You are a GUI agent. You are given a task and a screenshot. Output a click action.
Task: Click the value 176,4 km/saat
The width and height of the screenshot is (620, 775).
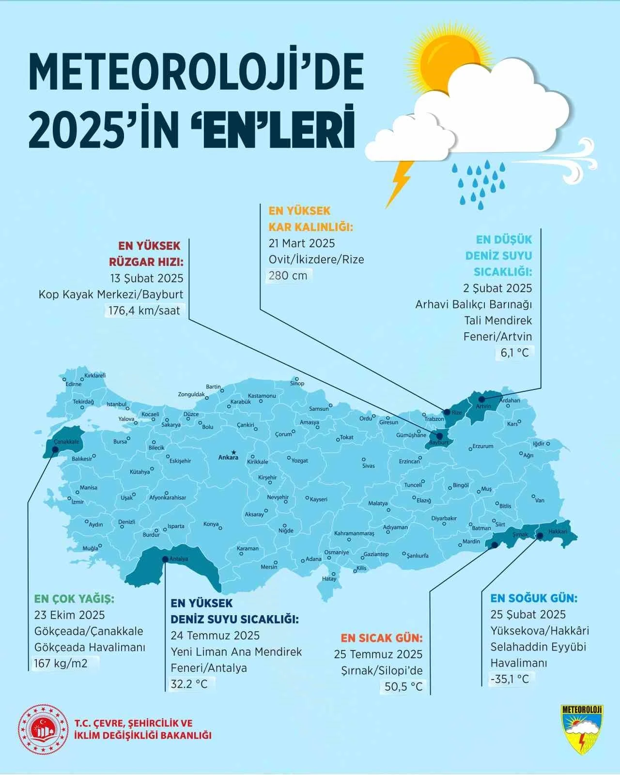(144, 310)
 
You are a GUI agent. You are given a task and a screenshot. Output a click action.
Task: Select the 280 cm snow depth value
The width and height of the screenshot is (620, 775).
(288, 276)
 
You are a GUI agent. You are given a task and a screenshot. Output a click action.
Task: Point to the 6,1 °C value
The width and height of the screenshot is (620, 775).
(514, 353)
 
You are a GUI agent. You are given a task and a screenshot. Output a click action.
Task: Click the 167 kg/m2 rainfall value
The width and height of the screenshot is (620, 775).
(61, 663)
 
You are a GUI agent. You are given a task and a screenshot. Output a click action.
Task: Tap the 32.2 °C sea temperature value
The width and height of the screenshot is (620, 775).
(189, 684)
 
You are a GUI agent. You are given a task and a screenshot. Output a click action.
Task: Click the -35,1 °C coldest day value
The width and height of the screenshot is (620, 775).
(510, 679)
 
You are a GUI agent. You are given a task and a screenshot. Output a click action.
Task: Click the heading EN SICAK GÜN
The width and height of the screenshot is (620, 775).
(382, 637)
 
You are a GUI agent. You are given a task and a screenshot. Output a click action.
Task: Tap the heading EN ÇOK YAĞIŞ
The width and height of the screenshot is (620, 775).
(74, 599)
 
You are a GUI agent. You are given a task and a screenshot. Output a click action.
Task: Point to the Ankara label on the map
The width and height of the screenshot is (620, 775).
(228, 457)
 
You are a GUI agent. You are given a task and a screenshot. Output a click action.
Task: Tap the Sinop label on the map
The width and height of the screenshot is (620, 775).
(297, 384)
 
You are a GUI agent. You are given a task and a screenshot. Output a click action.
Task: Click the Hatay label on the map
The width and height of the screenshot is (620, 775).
(329, 579)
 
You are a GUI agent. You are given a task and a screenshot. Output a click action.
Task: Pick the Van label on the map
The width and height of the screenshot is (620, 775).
(540, 500)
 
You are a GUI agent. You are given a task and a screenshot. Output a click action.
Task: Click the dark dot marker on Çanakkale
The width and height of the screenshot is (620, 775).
(55, 449)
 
